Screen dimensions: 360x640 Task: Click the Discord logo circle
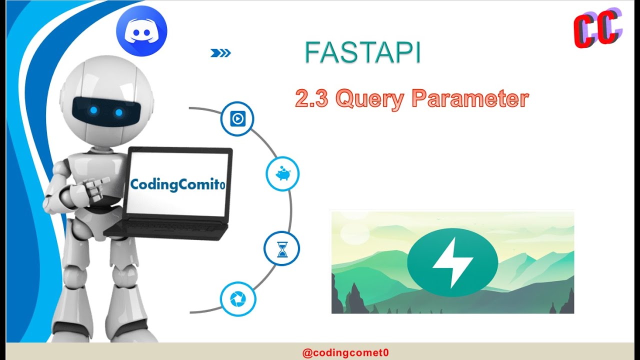141,31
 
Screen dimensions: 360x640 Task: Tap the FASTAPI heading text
362,53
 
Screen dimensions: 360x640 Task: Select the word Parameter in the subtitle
470,98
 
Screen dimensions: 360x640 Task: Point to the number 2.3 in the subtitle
311,98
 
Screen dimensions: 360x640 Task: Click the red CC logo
597,29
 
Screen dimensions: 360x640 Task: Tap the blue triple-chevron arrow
220,53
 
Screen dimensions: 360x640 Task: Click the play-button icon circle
237,119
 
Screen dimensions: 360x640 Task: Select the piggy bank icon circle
282,173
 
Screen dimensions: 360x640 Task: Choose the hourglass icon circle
282,248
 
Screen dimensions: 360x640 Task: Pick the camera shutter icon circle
237,299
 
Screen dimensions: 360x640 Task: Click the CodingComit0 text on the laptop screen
177,184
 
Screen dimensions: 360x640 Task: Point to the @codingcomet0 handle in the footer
345,352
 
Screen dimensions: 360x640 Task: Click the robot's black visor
105,111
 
